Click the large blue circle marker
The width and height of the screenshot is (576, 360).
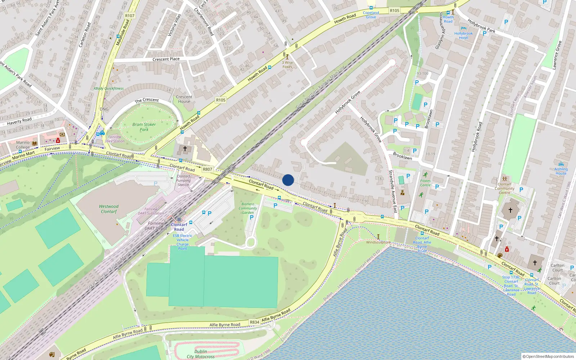pyautogui.click(x=288, y=180)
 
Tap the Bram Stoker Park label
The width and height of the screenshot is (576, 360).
pyautogui.click(x=144, y=127)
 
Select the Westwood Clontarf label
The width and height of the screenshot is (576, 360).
pyautogui.click(x=109, y=209)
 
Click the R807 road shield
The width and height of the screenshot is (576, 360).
pyautogui.click(x=207, y=169)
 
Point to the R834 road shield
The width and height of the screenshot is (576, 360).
pyautogui.click(x=255, y=322)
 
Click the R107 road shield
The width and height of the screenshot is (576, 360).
pyautogui.click(x=130, y=15)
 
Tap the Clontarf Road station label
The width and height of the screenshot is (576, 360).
pyautogui.click(x=179, y=227)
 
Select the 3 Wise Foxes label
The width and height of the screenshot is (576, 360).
pyautogui.click(x=287, y=64)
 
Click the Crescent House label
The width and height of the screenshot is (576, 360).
pyautogui.click(x=184, y=99)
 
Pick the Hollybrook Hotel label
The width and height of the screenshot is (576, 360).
pyautogui.click(x=463, y=35)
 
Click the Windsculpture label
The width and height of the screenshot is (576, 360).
pyautogui.click(x=378, y=242)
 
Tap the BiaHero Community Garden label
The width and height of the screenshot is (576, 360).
pyautogui.click(x=248, y=208)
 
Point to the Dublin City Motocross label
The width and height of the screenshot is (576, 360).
pyautogui.click(x=201, y=354)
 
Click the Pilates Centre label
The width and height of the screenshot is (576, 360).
pyautogui.click(x=425, y=183)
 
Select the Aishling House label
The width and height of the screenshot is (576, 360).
pyautogui.click(x=561, y=171)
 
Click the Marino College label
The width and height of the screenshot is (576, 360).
pyautogui.click(x=23, y=145)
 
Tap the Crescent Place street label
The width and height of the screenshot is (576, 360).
pyautogui.click(x=166, y=59)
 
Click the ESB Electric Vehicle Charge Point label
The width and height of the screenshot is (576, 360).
pyautogui.click(x=183, y=242)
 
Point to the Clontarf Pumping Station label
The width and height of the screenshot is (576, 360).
pyautogui.click(x=183, y=180)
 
